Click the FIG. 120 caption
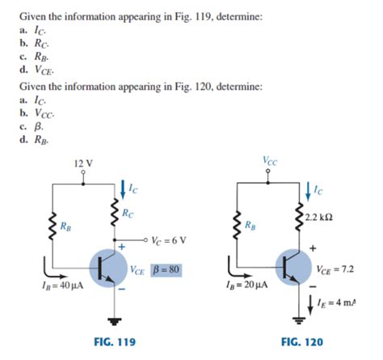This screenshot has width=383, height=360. click(301, 342)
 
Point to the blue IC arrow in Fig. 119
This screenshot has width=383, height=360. click(122, 189)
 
